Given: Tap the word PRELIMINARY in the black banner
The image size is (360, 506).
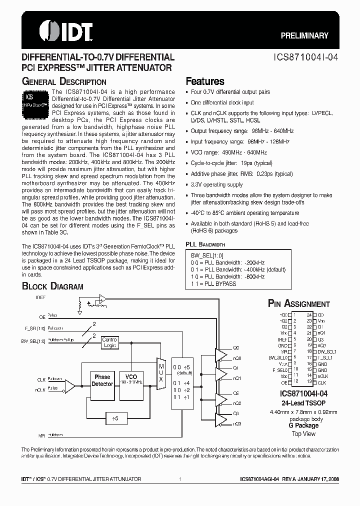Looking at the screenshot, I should coord(304,35).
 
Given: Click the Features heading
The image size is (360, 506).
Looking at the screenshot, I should coord(205,81).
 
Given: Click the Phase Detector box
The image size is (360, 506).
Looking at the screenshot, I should coord(102,380).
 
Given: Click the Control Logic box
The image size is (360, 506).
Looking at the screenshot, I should coord(109,342).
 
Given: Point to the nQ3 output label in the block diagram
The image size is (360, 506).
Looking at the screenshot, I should coord(237,423).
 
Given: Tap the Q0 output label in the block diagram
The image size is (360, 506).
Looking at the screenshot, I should coord(236,347).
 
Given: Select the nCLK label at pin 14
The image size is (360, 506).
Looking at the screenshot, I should coord(323,375).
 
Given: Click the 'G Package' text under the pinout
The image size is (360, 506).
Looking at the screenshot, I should coord(303,425).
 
